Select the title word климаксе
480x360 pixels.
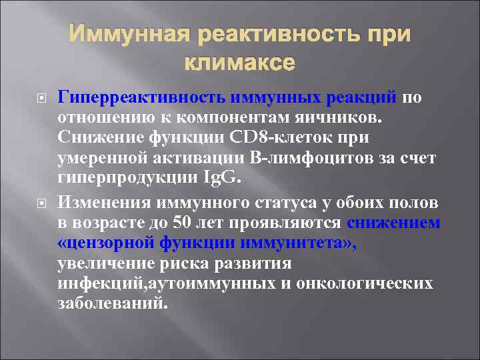coord(238,65)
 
